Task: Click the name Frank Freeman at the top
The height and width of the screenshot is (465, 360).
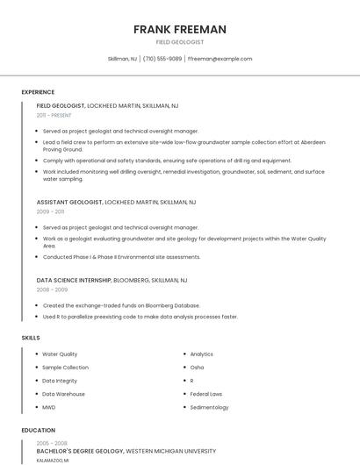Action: pos(180,29)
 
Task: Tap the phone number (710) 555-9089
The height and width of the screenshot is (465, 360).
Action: pos(162,59)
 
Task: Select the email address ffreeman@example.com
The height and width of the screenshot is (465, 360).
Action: pos(220,59)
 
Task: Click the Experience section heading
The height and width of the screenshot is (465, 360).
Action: pos(38,92)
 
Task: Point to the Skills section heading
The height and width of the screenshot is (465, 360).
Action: pos(31,338)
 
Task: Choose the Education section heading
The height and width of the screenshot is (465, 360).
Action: pos(38,430)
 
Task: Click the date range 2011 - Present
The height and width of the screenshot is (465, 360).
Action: pos(54,115)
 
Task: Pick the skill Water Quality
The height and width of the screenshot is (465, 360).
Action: pos(60,354)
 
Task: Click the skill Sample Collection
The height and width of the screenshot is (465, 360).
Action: pos(66,368)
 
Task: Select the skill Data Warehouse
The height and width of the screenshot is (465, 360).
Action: pos(64,394)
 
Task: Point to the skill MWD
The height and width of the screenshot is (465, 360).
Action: pos(49,407)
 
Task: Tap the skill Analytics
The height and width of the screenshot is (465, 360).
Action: pos(202,354)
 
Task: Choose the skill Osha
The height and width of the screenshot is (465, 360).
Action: pos(197,368)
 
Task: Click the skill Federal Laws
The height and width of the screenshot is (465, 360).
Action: pos(206,394)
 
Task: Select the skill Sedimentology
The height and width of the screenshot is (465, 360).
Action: pos(209,407)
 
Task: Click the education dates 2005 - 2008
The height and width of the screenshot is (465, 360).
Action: pos(53,443)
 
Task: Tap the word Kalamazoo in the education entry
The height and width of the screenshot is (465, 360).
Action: pos(51,460)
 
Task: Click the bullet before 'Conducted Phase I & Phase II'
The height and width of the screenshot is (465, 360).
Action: pos(38,257)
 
